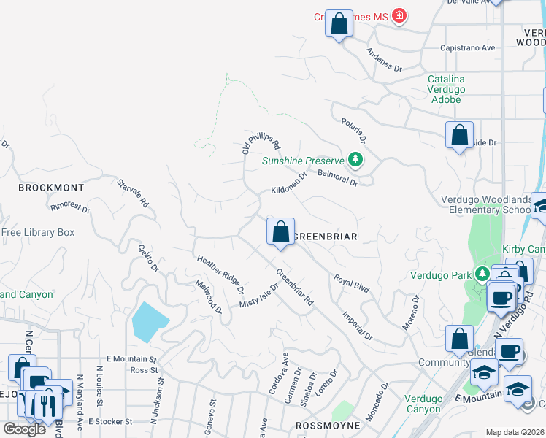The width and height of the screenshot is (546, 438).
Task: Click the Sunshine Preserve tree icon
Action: click(355, 159)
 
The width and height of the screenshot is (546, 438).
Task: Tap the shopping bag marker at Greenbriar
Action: click(280, 232)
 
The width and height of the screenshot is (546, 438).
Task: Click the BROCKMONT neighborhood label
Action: click(51, 188)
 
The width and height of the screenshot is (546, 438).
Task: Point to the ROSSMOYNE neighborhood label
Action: click(328, 425)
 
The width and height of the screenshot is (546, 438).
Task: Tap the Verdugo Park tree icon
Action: click(482, 274)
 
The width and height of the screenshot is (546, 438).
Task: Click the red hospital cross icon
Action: click(399, 15)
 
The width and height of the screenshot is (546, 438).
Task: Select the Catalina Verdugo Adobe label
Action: click(446, 88)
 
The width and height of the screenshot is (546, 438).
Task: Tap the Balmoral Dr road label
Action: click(338, 177)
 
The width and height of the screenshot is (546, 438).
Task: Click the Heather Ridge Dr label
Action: click(220, 270)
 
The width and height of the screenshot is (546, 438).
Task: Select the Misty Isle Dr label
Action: click(259, 296)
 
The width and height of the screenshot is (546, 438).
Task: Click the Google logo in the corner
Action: click(23, 429)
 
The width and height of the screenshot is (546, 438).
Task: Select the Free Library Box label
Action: click(38, 233)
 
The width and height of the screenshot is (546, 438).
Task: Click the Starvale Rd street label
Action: click(132, 192)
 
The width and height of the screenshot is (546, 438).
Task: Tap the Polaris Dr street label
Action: click(352, 129)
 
